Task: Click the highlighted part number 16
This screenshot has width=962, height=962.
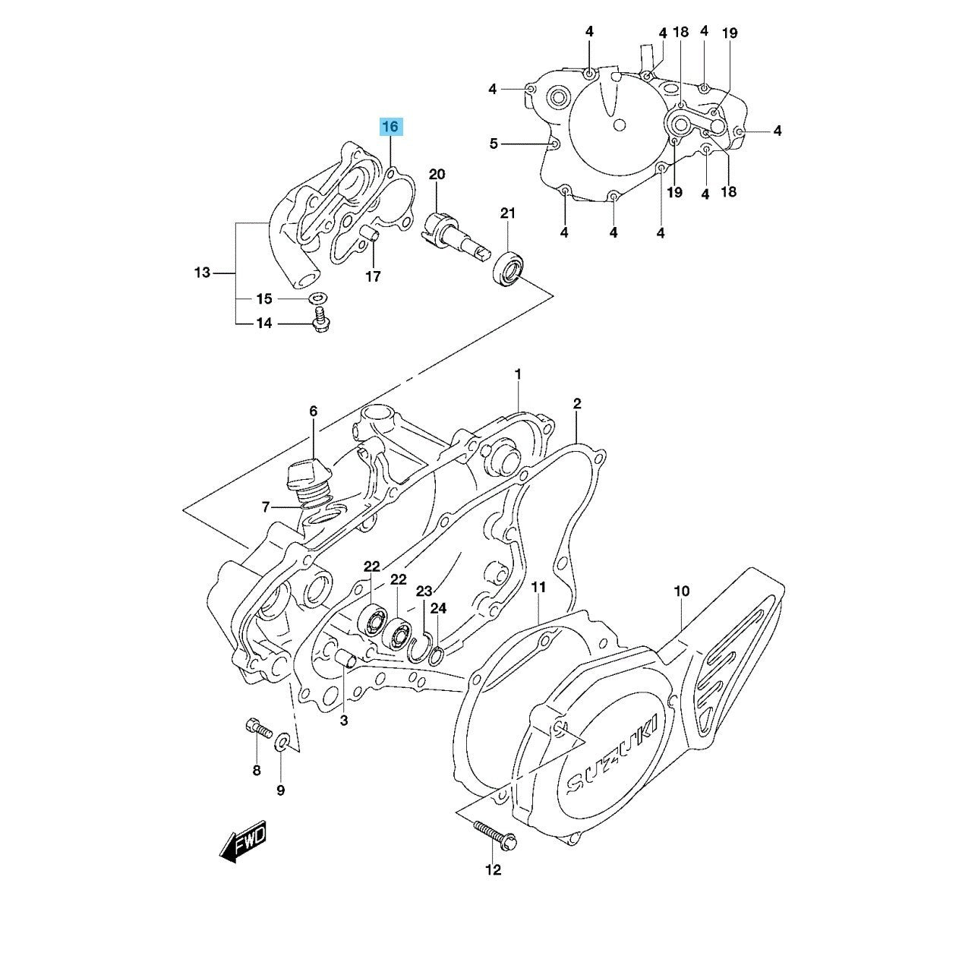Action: pyautogui.click(x=390, y=127)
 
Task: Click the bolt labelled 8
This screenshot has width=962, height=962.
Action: pyautogui.click(x=258, y=730)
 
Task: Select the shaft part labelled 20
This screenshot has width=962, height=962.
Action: pyautogui.click(x=444, y=231)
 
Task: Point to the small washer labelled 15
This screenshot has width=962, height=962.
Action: pyautogui.click(x=317, y=297)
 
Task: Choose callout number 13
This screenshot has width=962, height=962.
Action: pyautogui.click(x=202, y=272)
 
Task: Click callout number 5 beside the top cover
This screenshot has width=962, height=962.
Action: pyautogui.click(x=494, y=144)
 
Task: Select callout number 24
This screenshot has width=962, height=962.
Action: pyautogui.click(x=439, y=608)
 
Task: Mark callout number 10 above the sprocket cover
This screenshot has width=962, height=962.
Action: pyautogui.click(x=681, y=591)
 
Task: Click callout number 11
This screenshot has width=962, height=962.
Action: pyautogui.click(x=538, y=587)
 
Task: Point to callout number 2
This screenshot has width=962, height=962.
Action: pyautogui.click(x=577, y=404)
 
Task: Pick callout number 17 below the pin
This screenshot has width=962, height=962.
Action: pyautogui.click(x=373, y=276)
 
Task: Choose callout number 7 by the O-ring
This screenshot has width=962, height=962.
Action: pyautogui.click(x=265, y=506)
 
